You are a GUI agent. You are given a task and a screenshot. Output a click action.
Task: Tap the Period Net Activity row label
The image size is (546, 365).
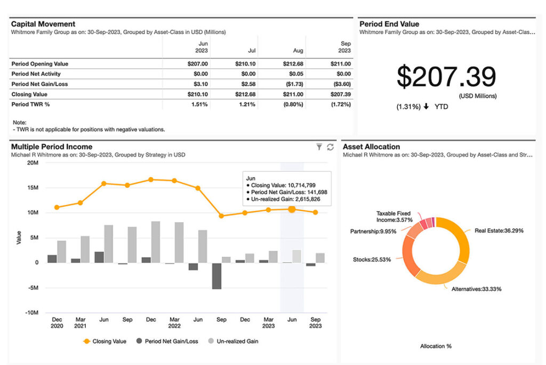[36, 74]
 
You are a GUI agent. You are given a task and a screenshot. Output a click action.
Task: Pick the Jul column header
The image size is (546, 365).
[252, 51]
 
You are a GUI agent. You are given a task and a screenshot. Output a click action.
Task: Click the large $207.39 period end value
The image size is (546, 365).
[446, 77]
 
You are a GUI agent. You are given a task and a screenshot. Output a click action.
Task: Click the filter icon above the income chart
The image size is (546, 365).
[319, 147]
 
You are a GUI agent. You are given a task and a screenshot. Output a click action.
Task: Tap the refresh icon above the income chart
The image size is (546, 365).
[330, 147]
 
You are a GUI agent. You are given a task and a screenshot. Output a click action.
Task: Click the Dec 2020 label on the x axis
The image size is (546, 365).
[57, 323]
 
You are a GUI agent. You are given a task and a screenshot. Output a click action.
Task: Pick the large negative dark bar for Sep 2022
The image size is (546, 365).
[216, 276]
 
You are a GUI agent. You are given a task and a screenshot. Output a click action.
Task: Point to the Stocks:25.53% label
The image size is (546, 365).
[372, 260]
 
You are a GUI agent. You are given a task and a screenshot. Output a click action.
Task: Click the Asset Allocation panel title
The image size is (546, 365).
[371, 147]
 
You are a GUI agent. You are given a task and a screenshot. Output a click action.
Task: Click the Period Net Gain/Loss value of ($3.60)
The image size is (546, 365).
[341, 84]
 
